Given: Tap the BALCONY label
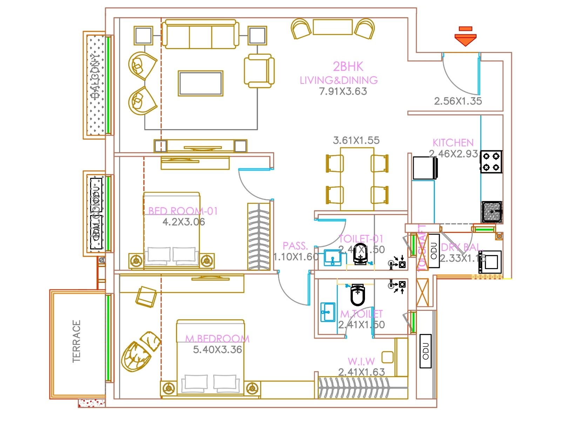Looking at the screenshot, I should click(x=95, y=76).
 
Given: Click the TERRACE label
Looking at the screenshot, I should click(x=76, y=341).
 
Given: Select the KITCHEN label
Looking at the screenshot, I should click(x=453, y=143).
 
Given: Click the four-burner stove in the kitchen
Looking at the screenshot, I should click(x=491, y=162).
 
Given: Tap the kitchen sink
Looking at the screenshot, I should click(x=492, y=212).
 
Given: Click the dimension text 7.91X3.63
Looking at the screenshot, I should click(x=343, y=92).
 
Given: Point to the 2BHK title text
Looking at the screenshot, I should click(x=348, y=66).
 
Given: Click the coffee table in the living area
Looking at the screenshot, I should click(x=200, y=83).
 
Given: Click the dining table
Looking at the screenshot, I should click(x=357, y=179).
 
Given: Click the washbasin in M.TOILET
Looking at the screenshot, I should click(x=328, y=312).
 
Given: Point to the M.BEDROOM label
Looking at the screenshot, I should click(x=217, y=339).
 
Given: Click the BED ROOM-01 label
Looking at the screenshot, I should click(x=183, y=211).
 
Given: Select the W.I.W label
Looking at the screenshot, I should click(x=361, y=361).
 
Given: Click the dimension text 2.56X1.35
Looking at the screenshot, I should click(x=458, y=101).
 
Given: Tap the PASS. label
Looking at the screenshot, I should click(x=295, y=246).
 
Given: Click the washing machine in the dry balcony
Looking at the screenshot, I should click(x=490, y=261).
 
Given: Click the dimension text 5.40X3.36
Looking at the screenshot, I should click(x=217, y=350).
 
